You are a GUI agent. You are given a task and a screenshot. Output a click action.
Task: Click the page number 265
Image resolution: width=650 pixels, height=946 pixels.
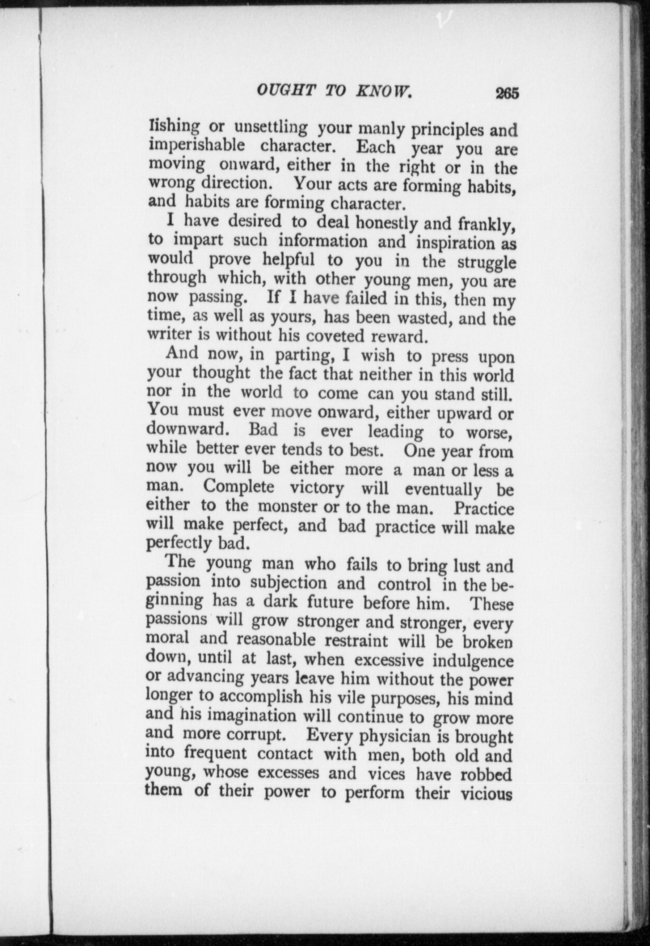tap(507, 94)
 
